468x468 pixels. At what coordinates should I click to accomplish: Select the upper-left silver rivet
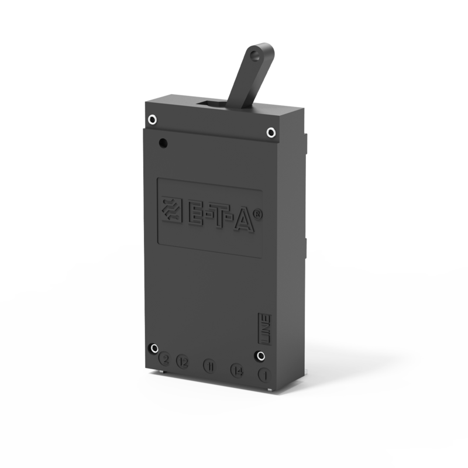coord(152,119)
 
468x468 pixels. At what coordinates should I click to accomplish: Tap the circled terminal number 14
coord(237,370)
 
